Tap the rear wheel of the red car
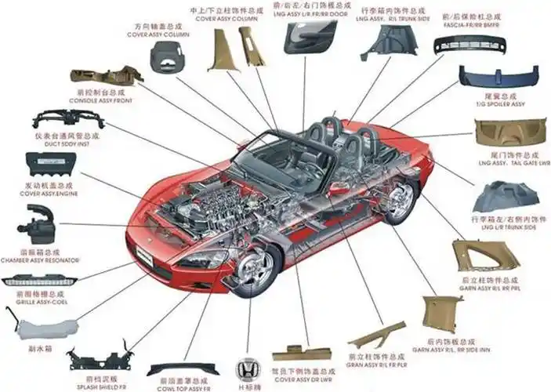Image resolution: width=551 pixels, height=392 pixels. click(x=401, y=199)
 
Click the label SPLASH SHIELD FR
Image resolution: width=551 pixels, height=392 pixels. click(x=100, y=387)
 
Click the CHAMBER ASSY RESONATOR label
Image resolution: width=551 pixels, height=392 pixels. click(x=39, y=260)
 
